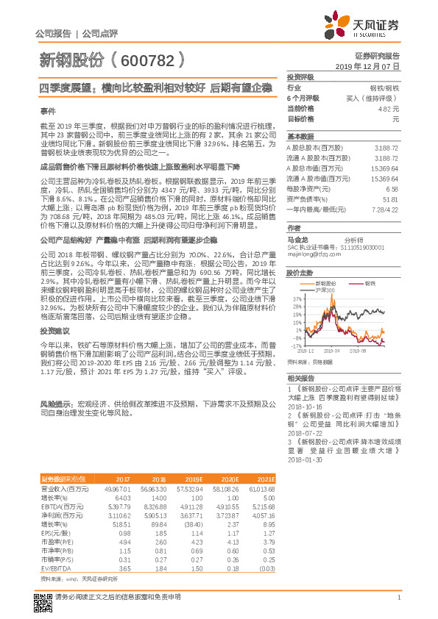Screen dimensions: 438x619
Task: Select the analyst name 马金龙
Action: [x=297, y=240]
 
